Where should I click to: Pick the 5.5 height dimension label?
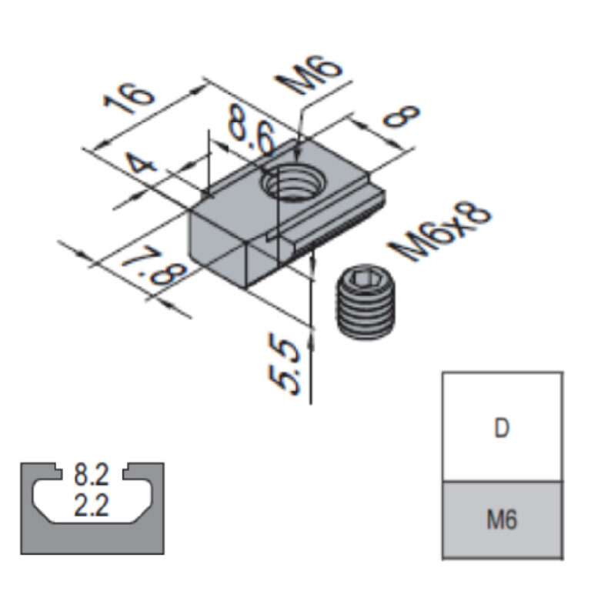(x=286, y=369)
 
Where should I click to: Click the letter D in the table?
(x=501, y=428)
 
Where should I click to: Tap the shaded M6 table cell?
(x=502, y=520)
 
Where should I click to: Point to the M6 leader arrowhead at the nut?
(x=303, y=138)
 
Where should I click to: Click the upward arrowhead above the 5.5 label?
(x=312, y=333)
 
